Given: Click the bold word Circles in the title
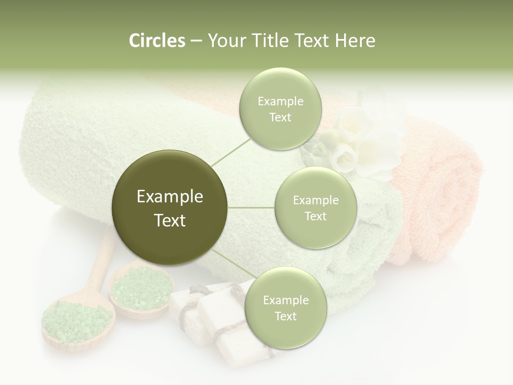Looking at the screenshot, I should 157,41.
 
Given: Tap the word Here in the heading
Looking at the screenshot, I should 355,41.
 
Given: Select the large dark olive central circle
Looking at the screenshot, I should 170,207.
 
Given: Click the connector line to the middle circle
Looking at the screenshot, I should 251,207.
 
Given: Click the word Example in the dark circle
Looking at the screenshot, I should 170,197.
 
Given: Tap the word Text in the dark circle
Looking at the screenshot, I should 170,220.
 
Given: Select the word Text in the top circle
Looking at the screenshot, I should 280,118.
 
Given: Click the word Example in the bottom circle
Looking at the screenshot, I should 285,301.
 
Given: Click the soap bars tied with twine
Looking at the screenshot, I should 214,315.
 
